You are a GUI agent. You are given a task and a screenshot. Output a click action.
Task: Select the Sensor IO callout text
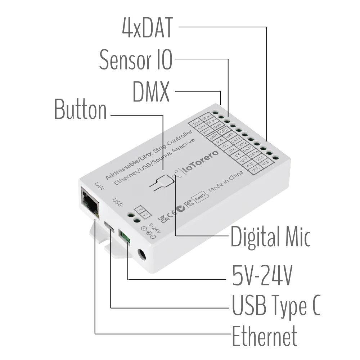(x=136, y=59)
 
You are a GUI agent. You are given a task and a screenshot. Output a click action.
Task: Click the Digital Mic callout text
(x=270, y=237)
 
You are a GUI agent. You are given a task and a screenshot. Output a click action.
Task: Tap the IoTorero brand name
(x=201, y=164)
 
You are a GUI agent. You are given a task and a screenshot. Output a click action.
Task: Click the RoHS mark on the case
(x=200, y=196)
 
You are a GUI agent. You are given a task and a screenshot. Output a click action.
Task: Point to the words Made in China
(x=226, y=182)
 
